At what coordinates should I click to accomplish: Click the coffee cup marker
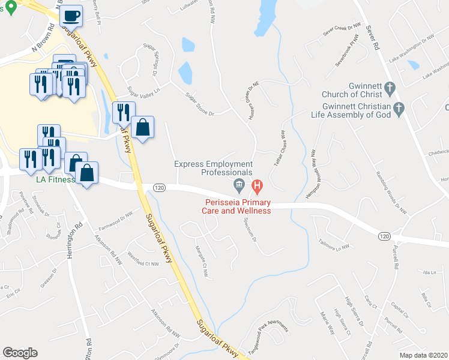click(x=72, y=15)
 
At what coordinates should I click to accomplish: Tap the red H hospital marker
click(x=257, y=186)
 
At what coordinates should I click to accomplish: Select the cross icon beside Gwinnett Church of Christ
click(x=389, y=89)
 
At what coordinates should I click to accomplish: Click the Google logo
click(x=20, y=353)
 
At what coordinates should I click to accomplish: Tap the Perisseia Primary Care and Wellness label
click(x=238, y=206)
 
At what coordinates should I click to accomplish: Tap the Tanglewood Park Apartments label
click(x=268, y=336)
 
